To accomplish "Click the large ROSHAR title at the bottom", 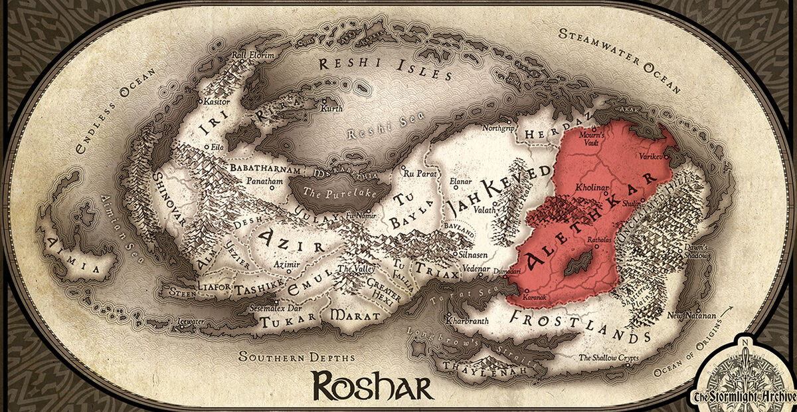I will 373,385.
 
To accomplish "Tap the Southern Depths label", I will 297,358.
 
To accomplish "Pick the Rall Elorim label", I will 252,55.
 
